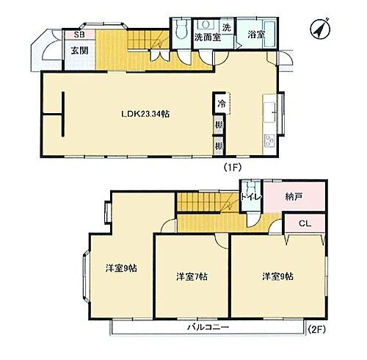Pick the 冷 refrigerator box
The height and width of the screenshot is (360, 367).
[220, 104]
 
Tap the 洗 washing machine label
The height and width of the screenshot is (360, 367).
[226, 27]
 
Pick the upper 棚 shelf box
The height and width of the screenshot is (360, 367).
[219, 126]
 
